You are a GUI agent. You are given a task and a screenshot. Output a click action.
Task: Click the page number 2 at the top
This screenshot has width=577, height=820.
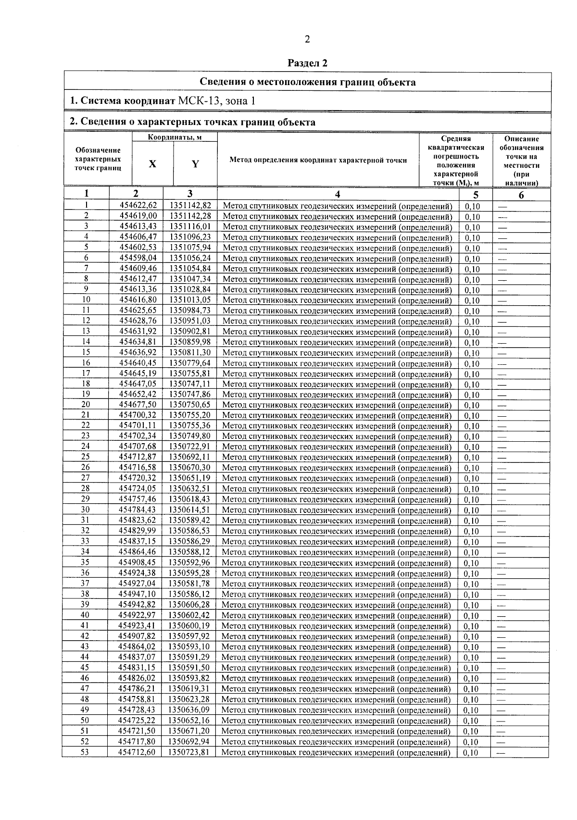307,39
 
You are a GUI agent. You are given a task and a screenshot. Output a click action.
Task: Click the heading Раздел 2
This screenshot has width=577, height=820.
308,63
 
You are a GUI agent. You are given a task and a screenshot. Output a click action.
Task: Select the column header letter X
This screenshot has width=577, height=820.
152,164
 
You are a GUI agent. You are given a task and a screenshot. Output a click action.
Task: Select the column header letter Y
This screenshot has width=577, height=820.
195,164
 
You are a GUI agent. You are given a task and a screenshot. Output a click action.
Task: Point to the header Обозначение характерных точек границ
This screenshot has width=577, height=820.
98,159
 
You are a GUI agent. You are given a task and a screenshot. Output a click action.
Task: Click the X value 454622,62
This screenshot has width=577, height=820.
138,206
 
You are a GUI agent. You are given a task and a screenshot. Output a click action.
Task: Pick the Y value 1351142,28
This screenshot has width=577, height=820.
190,216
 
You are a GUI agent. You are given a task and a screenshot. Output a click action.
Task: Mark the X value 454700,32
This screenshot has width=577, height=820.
138,415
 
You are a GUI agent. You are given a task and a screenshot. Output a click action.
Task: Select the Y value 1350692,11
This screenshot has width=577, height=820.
190,457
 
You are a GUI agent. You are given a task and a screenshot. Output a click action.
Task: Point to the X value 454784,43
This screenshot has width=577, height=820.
138,509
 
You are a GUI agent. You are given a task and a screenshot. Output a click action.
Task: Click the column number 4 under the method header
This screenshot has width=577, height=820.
338,194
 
